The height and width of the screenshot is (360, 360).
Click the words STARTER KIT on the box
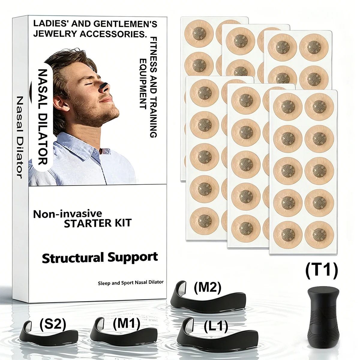pyautogui.click(x=97, y=223)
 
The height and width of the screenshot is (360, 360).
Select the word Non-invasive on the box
pyautogui.click(x=67, y=214)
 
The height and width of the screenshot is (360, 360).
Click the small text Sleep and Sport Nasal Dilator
pyautogui.click(x=130, y=283)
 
